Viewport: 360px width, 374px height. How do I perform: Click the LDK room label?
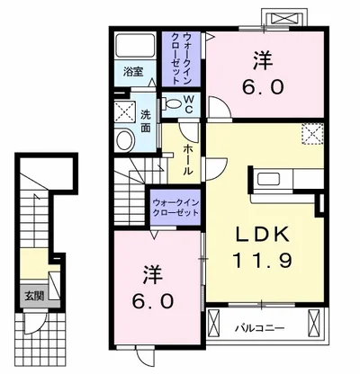(x=263, y=235)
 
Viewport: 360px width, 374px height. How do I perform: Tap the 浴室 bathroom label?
(x=133, y=72)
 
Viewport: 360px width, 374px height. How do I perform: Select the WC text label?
(x=188, y=104)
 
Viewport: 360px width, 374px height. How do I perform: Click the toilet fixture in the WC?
(x=171, y=104)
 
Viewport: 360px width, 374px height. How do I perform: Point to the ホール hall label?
(x=187, y=159)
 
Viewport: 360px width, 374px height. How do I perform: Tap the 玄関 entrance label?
(x=34, y=296)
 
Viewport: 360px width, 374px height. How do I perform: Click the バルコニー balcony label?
(x=259, y=327)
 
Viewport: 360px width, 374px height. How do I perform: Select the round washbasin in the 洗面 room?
(x=125, y=139)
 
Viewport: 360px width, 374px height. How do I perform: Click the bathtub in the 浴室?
(x=135, y=45)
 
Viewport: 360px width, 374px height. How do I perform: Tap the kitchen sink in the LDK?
(x=269, y=179)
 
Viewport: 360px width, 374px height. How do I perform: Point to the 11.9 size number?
(x=262, y=260)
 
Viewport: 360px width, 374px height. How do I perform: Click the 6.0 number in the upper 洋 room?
(x=263, y=87)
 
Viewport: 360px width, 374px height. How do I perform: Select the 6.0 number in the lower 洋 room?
(x=152, y=300)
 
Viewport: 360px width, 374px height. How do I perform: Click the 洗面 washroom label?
(x=146, y=121)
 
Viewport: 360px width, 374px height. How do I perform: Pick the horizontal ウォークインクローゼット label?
(x=175, y=208)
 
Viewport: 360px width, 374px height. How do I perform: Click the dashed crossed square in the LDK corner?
(x=312, y=134)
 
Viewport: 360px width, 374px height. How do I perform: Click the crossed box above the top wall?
(x=284, y=18)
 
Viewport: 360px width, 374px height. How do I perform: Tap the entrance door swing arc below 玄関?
(x=38, y=326)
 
